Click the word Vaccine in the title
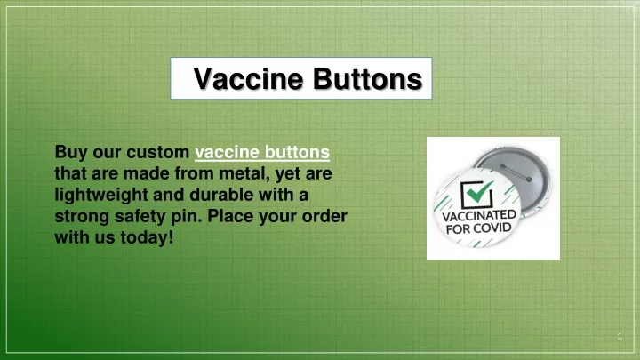tap(248, 78)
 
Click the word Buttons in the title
tap(368, 78)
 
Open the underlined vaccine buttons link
tap(262, 152)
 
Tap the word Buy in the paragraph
tap(71, 153)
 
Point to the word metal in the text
tap(245, 173)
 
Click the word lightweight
tap(101, 195)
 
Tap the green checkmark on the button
tap(480, 190)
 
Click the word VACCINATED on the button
tap(479, 215)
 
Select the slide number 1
tap(620, 336)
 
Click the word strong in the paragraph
tap(82, 216)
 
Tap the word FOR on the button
tap(457, 229)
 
